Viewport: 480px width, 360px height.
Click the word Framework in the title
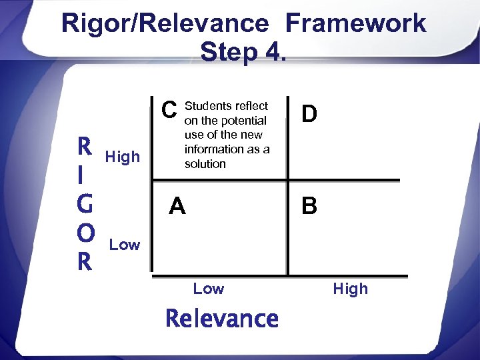tap(356, 23)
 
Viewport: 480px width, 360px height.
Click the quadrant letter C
tap(170, 109)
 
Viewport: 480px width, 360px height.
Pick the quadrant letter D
tap(309, 114)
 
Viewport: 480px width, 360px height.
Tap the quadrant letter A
tap(177, 207)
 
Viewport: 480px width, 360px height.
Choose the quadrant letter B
tap(309, 207)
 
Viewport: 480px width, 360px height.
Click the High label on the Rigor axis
tap(123, 157)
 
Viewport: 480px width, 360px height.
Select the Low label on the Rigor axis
tap(125, 245)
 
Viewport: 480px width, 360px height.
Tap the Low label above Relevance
tap(209, 289)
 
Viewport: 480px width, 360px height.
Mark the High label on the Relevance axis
tap(350, 289)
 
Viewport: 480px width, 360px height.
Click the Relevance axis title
tap(222, 319)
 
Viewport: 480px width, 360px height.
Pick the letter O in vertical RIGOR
tap(85, 233)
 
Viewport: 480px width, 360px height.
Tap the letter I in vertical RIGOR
tap(80, 175)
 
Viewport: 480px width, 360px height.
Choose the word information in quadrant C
tap(216, 149)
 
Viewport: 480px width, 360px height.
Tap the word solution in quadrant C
tap(205, 163)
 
